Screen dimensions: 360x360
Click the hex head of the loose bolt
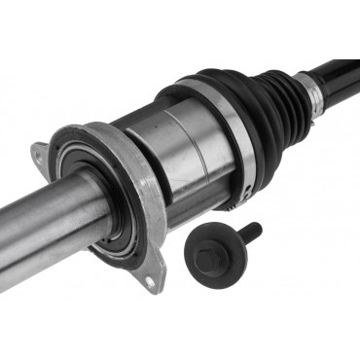[x=206, y=250]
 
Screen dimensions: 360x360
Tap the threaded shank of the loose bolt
[x=243, y=234]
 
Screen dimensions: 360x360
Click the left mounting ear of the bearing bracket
[x=40, y=153]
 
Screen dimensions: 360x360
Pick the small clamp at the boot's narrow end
[x=313, y=90]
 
